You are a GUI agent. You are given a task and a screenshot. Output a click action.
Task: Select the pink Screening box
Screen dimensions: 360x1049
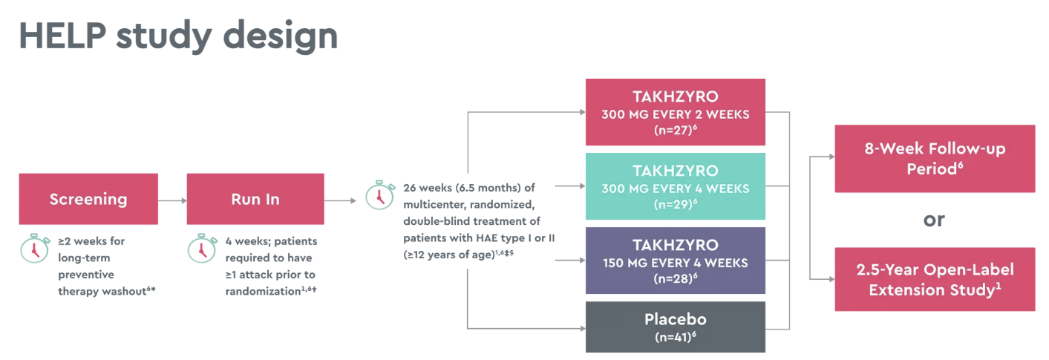click(88, 199)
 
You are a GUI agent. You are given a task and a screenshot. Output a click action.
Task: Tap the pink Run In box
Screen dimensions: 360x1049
click(255, 199)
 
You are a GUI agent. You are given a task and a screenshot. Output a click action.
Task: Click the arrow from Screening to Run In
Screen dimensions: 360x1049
click(172, 200)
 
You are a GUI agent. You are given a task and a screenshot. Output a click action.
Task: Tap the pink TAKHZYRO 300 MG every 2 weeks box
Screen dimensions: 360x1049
click(675, 112)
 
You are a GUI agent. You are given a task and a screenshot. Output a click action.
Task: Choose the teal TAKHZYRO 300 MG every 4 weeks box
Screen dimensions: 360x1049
click(675, 186)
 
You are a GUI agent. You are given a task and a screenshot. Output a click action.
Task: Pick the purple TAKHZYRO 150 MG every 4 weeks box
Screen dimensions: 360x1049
click(675, 261)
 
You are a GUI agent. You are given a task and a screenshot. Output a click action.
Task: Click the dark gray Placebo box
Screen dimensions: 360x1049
click(675, 327)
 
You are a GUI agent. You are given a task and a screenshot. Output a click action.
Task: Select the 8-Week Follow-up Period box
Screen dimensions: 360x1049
click(935, 159)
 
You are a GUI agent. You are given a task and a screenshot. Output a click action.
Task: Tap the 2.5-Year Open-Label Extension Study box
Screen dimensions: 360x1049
click(935, 279)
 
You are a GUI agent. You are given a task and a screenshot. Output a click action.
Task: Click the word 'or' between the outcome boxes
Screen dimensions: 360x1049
click(935, 220)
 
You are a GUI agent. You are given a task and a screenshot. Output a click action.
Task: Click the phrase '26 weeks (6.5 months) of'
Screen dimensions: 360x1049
click(469, 187)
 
